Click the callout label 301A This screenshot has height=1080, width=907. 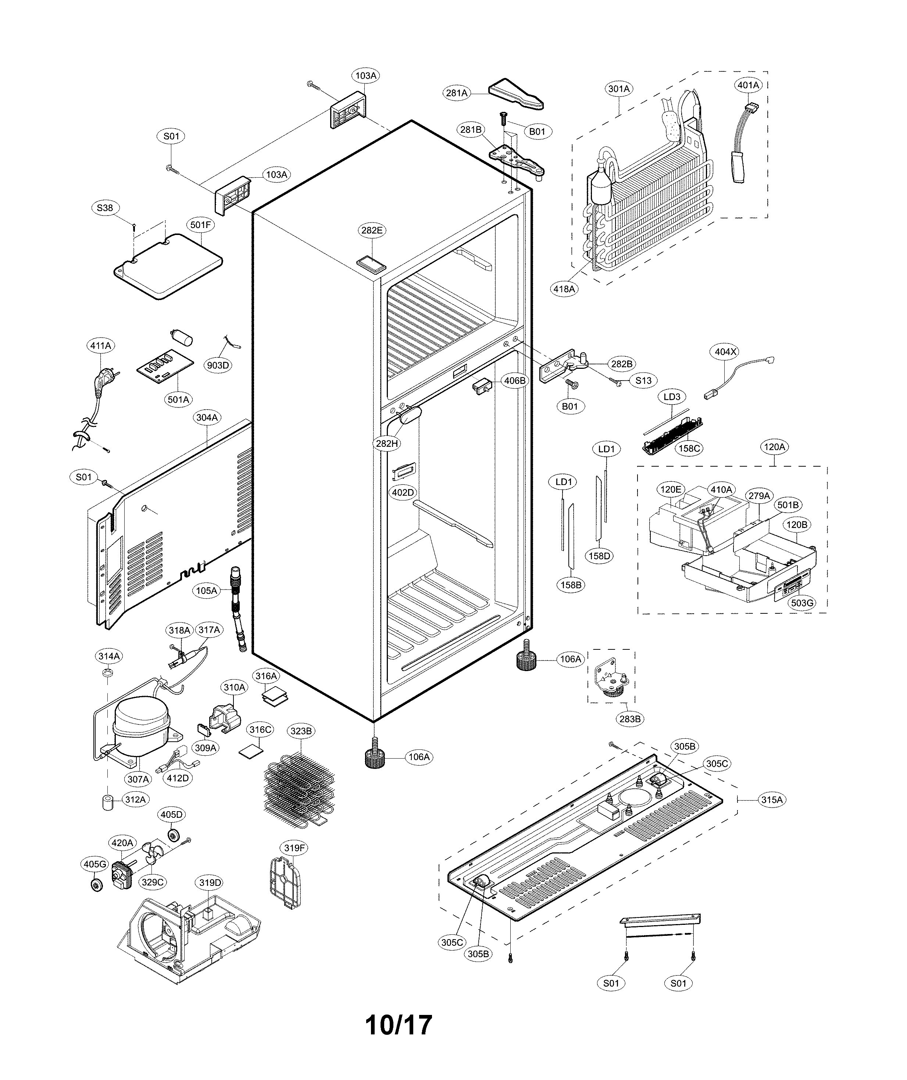[619, 89]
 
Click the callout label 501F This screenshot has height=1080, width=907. [201, 225]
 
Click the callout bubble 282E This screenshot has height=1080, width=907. [372, 231]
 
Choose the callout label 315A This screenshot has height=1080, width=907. [772, 800]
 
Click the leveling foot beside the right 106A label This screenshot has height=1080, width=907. [526, 661]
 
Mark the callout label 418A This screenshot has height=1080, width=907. [564, 289]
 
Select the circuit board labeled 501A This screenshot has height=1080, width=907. [165, 369]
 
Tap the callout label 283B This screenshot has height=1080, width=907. [630, 719]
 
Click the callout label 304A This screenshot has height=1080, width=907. [207, 418]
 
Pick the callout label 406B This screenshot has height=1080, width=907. [515, 381]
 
